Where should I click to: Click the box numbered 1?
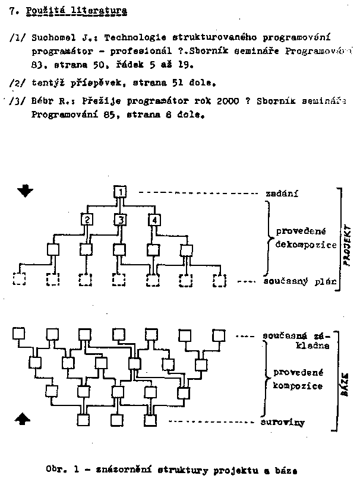120,192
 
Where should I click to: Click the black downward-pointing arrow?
26,191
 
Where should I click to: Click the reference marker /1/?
17,37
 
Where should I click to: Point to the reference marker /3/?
17,102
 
